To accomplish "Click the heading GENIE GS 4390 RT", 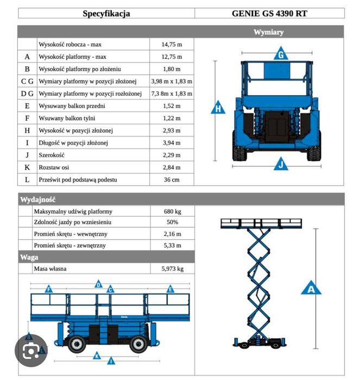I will coord(276,14).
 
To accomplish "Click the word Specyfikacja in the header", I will coord(106,14).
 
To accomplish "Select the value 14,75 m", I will coord(172,44).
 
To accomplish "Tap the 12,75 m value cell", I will coord(172,57).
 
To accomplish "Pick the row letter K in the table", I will coord(27,167).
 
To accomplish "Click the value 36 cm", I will coord(172,179).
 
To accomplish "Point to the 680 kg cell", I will coord(172,211).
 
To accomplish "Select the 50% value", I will coord(172,222).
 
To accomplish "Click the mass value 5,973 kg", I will coord(172,269).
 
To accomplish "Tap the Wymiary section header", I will coord(268,32).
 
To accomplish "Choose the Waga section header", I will coord(29,257).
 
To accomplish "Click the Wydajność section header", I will coord(38,200).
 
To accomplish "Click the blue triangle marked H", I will coord(218,108).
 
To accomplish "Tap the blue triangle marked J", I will coord(281,163).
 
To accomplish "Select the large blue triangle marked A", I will coord(311,288).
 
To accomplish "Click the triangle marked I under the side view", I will coord(111,360).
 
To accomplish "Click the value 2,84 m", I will coord(172,167).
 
